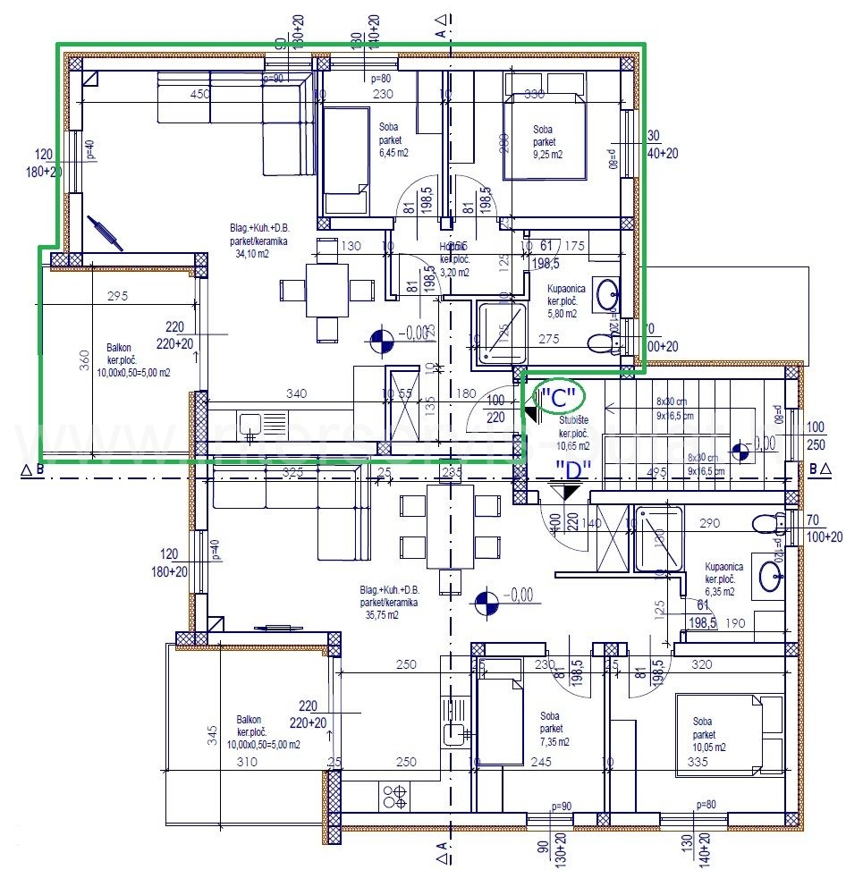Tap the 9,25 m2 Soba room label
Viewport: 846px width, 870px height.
546,142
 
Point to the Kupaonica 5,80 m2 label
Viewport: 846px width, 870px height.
567,301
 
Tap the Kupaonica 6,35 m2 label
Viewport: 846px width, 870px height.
720,579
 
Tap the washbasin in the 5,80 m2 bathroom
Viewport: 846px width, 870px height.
608,291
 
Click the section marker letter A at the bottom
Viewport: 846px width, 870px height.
441,845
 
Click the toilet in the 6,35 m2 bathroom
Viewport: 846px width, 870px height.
765,522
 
